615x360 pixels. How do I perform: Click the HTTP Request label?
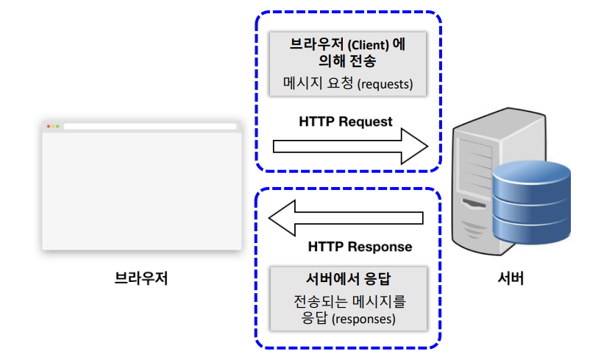click(346, 121)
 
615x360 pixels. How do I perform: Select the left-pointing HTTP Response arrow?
click(346, 217)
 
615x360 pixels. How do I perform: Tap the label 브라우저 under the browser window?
click(141, 278)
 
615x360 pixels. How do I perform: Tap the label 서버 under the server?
click(511, 278)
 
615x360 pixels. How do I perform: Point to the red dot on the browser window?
click(49, 127)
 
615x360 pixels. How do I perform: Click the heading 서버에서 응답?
click(348, 279)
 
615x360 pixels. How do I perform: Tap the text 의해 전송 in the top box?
click(348, 63)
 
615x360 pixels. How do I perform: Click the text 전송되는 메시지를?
click(349, 302)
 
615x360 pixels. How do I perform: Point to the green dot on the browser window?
click(57, 127)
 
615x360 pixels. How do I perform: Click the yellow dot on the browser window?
click(53, 127)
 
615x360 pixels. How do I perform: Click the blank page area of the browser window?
click(142, 191)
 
